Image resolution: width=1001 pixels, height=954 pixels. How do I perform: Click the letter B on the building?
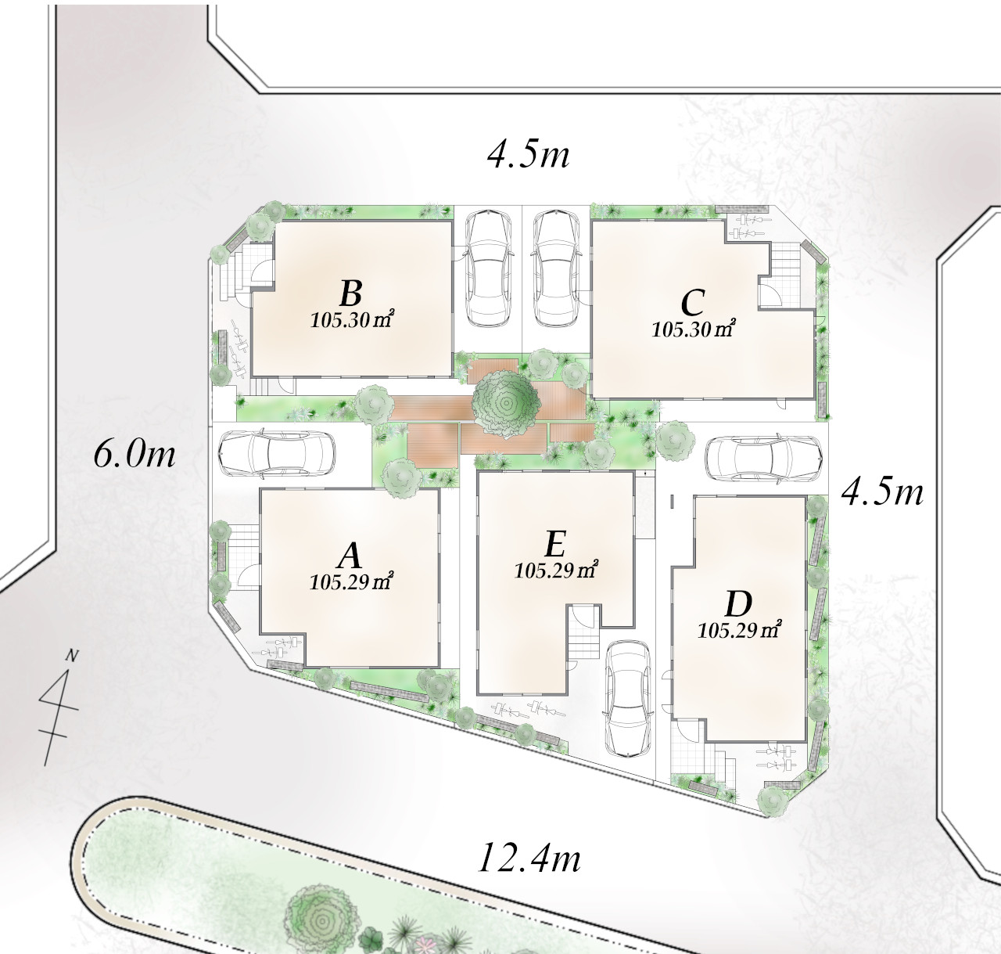point(350,293)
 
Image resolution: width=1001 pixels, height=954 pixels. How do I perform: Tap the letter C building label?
point(692,302)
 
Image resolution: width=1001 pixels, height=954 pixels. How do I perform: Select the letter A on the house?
point(350,556)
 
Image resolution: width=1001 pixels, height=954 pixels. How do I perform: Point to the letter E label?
point(555,544)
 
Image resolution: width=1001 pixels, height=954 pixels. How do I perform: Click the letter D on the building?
point(738,604)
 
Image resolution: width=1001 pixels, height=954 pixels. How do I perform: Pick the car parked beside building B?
point(490,268)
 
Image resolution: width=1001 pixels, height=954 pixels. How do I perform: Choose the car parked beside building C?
point(556,268)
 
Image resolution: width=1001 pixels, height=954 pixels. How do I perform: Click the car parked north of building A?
point(277,454)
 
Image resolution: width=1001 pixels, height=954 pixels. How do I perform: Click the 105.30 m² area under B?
point(353,319)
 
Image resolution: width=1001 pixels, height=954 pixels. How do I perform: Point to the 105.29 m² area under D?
point(739,631)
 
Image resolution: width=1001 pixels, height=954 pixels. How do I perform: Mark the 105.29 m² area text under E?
point(556,570)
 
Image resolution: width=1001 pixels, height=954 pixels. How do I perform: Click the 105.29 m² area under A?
point(351,581)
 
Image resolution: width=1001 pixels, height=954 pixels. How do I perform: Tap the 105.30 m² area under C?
point(694,329)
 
